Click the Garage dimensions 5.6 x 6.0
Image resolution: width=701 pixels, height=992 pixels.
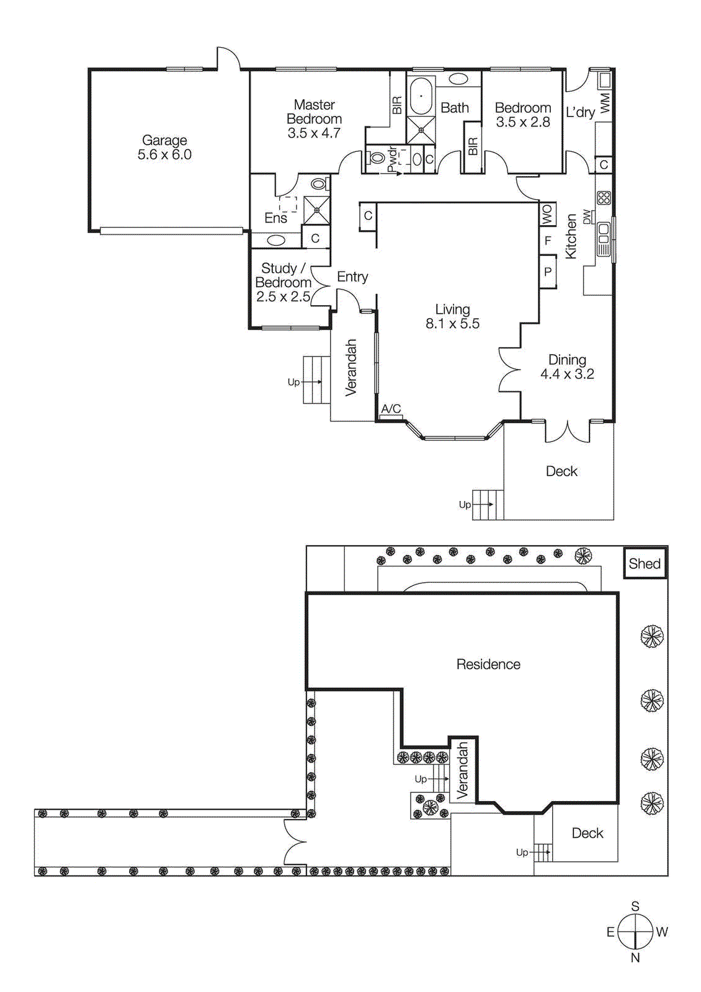click(164, 155)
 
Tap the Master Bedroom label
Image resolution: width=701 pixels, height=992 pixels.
click(314, 112)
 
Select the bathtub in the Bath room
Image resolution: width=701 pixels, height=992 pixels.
click(421, 96)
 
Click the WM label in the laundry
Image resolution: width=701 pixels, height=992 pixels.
click(605, 102)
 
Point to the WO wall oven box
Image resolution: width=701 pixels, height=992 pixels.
click(547, 215)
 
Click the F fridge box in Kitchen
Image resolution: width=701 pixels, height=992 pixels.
click(547, 241)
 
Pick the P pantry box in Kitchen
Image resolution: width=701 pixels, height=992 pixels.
click(547, 272)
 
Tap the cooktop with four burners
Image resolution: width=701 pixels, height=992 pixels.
click(604, 198)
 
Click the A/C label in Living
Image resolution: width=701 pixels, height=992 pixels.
click(391, 409)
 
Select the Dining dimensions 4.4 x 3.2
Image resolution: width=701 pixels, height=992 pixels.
click(567, 374)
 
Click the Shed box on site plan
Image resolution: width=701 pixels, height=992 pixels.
click(645, 564)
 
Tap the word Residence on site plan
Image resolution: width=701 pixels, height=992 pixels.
click(488, 665)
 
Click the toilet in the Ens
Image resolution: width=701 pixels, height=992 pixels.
click(318, 184)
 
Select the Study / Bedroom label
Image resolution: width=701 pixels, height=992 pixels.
click(283, 275)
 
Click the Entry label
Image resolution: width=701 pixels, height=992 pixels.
click(352, 277)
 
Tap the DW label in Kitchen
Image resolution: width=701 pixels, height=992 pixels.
click(587, 217)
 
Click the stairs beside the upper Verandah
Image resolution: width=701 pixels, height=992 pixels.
click(316, 380)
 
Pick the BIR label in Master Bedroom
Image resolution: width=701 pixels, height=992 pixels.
click(397, 105)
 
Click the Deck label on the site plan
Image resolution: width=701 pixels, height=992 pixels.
click(587, 833)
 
